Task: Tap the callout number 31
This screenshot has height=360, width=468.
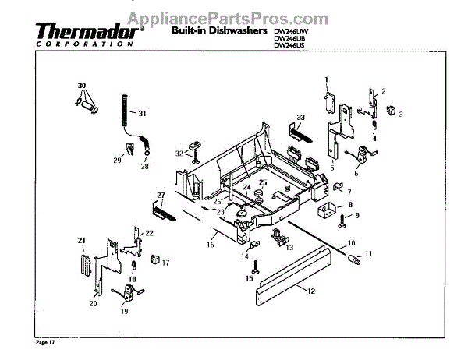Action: (x=142, y=114)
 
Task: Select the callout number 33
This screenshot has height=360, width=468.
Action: (x=300, y=117)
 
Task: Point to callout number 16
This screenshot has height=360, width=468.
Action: (x=210, y=244)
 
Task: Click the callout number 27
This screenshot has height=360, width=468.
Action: (x=161, y=195)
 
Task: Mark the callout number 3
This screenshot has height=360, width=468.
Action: (x=401, y=115)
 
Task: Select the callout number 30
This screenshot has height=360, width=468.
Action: (x=80, y=84)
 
